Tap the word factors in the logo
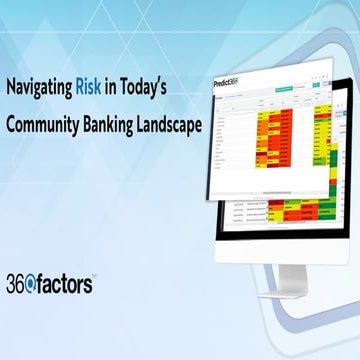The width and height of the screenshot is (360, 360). tap(66, 284)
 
